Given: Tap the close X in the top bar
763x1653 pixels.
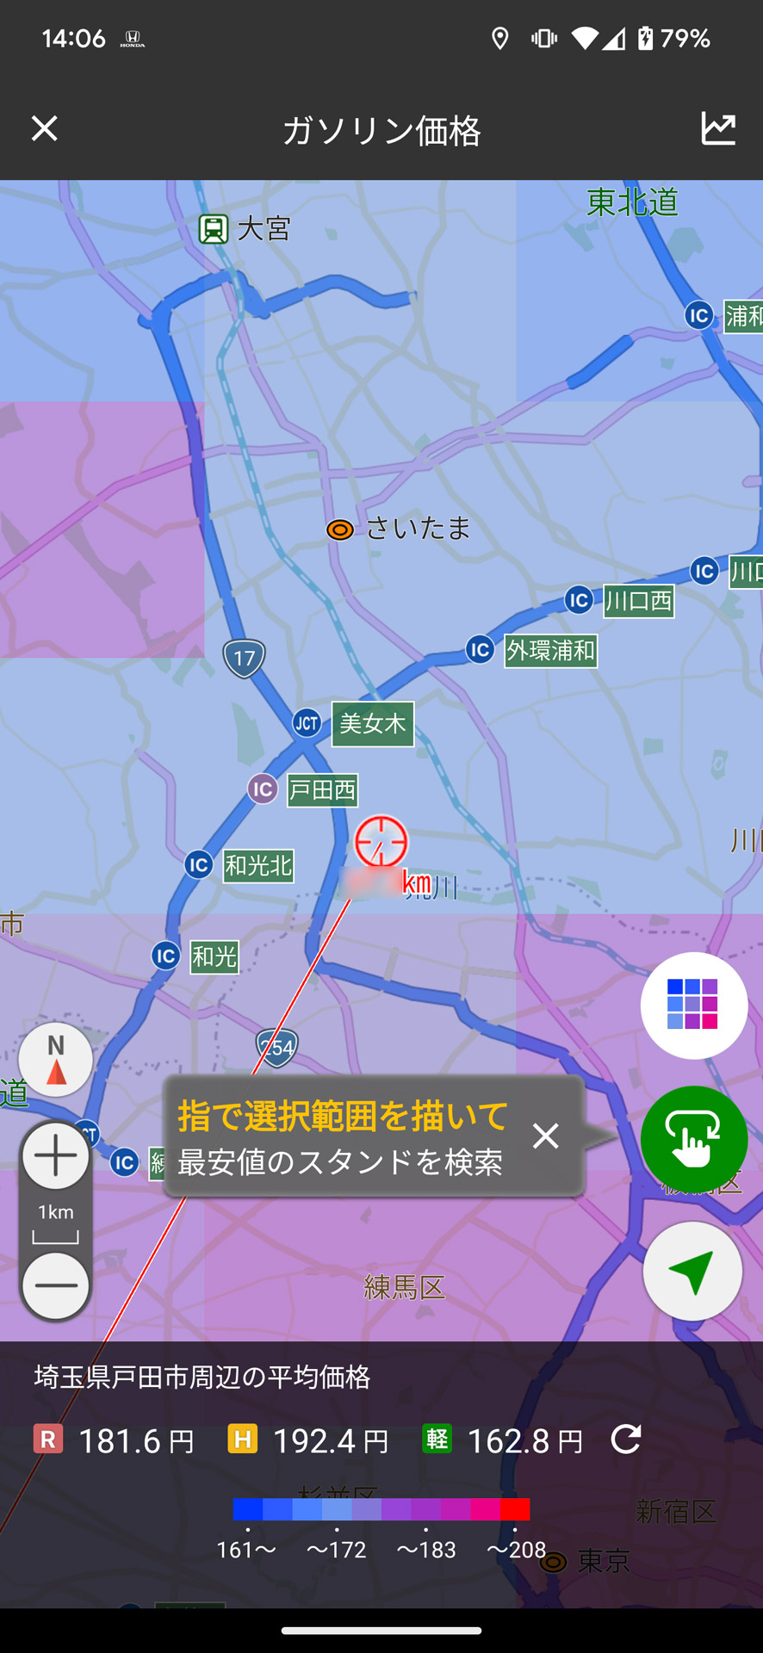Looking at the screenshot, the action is coord(45,129).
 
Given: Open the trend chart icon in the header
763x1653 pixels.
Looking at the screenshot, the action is coord(718,129).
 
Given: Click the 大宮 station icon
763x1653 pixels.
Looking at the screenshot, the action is coord(214,229).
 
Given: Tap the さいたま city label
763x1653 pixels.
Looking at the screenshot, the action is coord(418,528).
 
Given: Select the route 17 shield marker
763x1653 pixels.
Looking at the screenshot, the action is coord(245,659).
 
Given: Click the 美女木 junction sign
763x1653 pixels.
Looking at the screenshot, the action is coord(372,723).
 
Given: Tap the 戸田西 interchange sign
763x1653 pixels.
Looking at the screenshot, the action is coord(322,790).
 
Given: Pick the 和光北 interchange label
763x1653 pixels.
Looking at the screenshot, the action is coord(258,865).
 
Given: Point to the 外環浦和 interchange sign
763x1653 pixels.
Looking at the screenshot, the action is coord(550,650).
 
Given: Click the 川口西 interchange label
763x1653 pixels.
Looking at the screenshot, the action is coord(638,601).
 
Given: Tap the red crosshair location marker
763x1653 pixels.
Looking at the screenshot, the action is coord(381,841).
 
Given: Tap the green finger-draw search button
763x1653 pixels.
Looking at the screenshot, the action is coord(693,1139).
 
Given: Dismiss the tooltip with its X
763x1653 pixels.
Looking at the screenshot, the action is coord(545,1136).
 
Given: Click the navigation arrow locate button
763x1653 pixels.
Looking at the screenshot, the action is coord(692,1272).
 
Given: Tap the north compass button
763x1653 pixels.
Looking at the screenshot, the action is coord(56,1060).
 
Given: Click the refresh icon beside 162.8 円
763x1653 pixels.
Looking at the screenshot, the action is coord(626,1439).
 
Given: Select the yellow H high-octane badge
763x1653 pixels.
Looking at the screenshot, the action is coord(243,1438).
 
